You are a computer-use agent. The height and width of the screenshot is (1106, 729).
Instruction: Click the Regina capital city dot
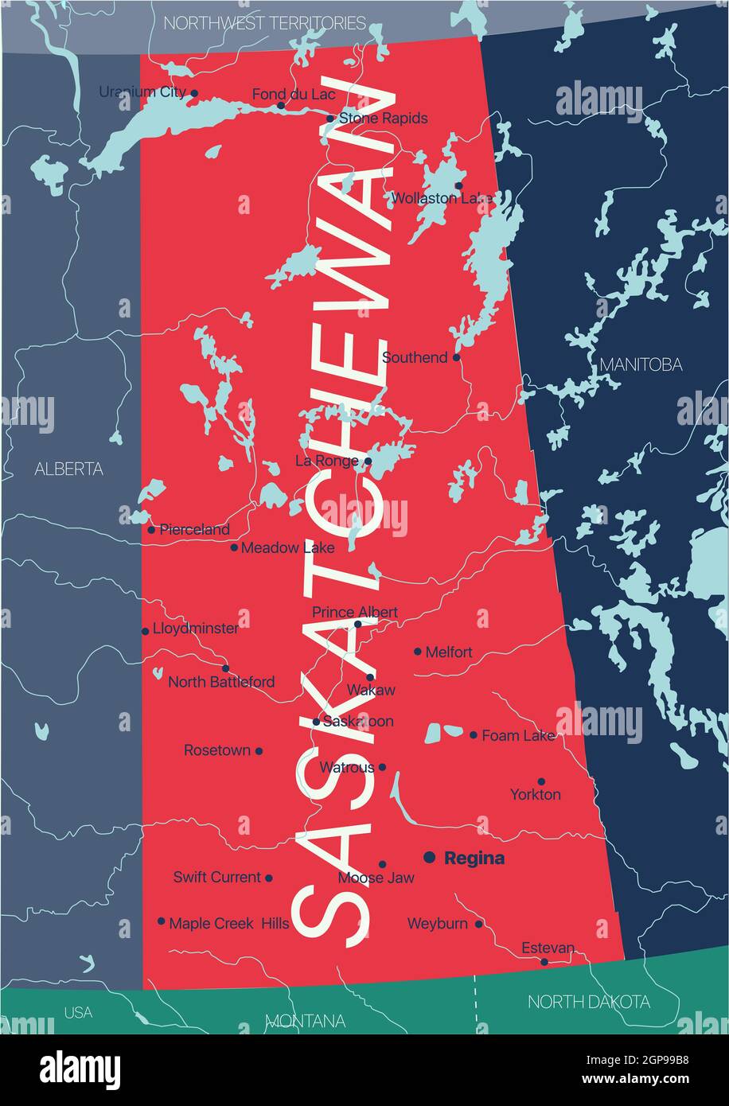click(430, 857)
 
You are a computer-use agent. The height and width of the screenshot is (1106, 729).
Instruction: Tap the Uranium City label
click(142, 92)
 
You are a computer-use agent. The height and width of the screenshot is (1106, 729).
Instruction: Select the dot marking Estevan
click(544, 961)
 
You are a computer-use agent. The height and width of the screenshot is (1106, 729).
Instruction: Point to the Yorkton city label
click(536, 794)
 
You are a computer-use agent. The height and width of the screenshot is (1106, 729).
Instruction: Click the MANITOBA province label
click(641, 364)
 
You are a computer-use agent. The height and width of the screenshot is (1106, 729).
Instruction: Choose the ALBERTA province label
click(68, 469)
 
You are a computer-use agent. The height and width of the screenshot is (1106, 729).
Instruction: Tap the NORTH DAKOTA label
click(588, 1002)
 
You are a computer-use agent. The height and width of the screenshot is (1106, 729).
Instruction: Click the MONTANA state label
click(306, 1020)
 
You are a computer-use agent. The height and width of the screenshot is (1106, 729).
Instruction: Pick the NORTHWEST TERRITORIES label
click(264, 23)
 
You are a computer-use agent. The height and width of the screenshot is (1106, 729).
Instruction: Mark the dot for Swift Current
click(269, 878)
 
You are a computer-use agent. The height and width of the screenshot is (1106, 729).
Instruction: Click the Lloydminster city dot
click(145, 631)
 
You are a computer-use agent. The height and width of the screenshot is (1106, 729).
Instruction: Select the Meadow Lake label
click(287, 547)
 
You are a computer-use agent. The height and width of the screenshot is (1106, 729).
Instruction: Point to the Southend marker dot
click(457, 357)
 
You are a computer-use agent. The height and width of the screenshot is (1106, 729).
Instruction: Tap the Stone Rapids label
click(383, 118)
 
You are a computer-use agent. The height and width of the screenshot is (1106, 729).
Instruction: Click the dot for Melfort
click(418, 651)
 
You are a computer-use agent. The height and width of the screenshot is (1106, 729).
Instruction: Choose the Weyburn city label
click(437, 924)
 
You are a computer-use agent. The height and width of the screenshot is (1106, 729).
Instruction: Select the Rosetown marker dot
click(259, 750)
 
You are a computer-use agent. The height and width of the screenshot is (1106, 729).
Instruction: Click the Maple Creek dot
click(161, 921)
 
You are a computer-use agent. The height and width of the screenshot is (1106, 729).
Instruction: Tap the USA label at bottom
click(78, 1012)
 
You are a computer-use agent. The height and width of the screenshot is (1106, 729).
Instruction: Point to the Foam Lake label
click(518, 736)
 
